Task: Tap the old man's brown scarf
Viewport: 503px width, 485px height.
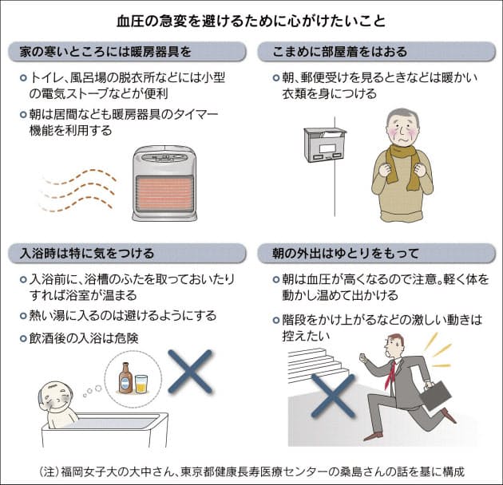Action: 402,160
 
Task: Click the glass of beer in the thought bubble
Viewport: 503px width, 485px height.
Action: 141,382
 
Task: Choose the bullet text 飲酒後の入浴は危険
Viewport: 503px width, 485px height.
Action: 83,337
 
